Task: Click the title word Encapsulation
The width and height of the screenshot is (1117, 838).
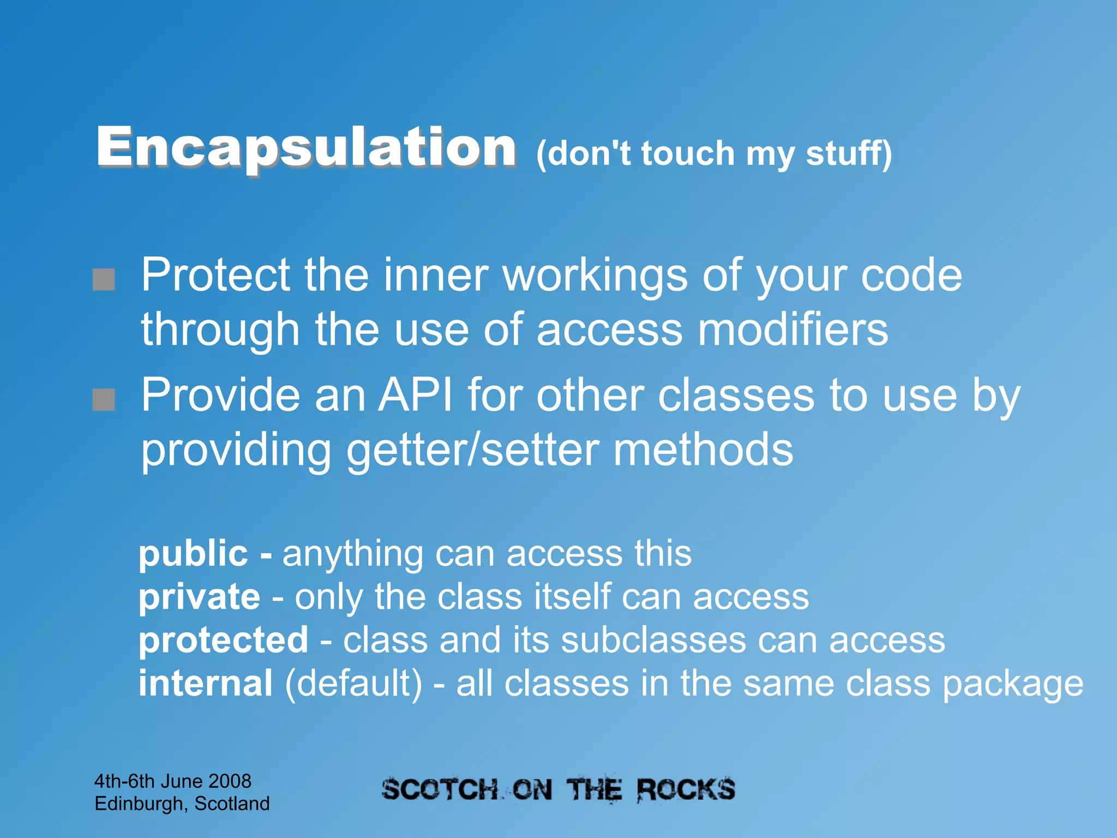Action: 305,147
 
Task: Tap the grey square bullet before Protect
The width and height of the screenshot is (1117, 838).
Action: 104,279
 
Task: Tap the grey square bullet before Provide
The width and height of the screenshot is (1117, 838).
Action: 104,399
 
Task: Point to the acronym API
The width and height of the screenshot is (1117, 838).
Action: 416,396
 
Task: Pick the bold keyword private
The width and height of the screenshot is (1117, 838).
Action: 200,597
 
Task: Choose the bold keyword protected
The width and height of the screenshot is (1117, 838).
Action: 224,641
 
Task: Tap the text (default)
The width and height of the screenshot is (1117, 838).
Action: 353,684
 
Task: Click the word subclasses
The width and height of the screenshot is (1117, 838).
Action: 653,640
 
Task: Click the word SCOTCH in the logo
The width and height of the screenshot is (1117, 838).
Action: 440,790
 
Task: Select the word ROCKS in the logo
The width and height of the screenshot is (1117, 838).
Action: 686,790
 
